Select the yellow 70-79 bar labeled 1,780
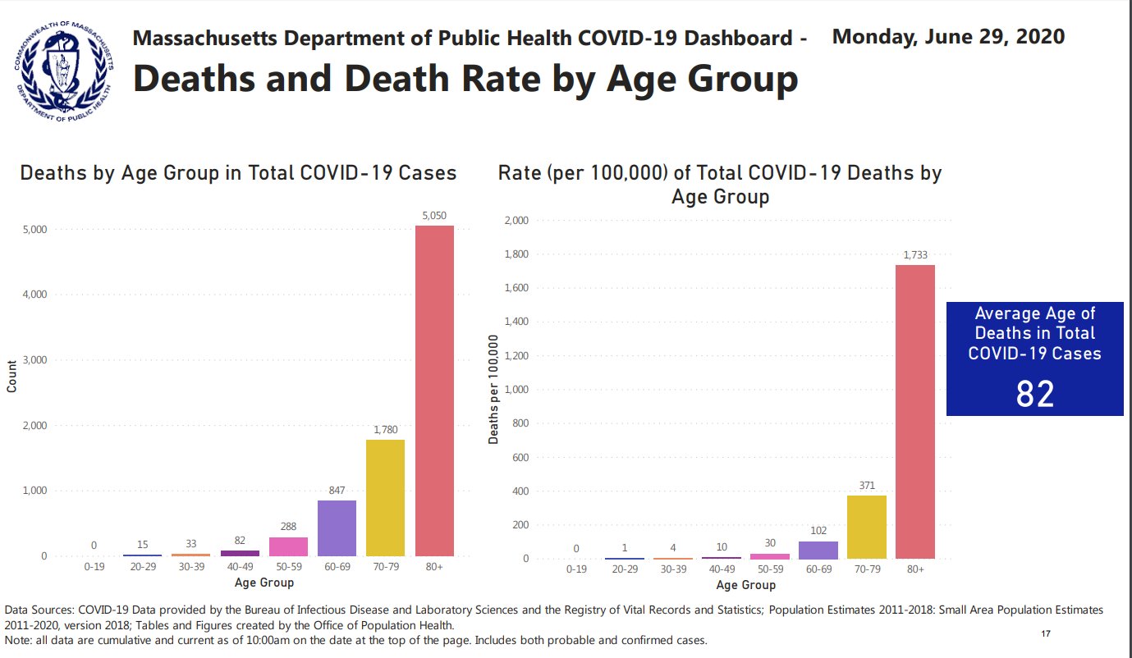[385, 498]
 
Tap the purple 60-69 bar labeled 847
[337, 528]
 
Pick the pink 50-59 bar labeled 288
[288, 546]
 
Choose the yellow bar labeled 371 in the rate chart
[866, 527]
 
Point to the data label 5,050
[434, 216]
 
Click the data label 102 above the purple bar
[818, 531]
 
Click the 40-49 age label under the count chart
[240, 567]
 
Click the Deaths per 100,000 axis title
[493, 390]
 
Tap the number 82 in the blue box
[1034, 395]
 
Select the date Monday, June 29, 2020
[948, 37]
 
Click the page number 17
[1046, 633]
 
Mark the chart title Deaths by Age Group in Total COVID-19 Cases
[238, 173]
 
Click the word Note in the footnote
[17, 640]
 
